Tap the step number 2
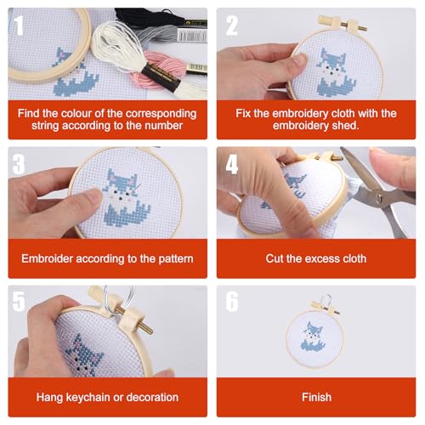(231, 25)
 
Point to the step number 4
(231, 162)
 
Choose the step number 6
(231, 301)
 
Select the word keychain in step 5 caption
(85, 397)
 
